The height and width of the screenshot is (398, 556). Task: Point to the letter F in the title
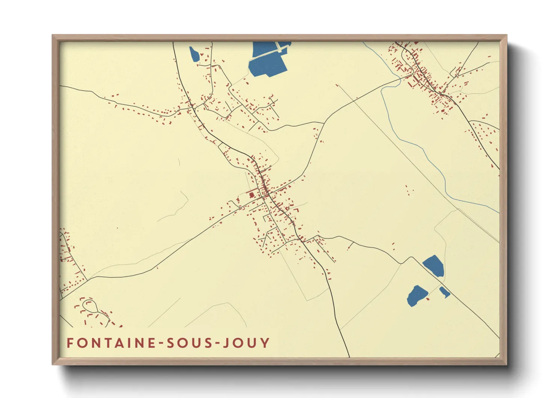tap(70, 343)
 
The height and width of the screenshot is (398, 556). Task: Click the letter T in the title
tap(100, 343)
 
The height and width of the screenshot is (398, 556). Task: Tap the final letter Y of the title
tap(266, 343)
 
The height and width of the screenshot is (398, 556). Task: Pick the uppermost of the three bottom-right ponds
tap(434, 265)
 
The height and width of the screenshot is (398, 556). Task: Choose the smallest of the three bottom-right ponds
tap(444, 292)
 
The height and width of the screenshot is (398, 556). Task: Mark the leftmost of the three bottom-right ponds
tap(417, 295)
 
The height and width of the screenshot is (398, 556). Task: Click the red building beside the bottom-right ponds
tap(428, 299)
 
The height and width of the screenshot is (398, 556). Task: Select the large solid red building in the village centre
tap(251, 195)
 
